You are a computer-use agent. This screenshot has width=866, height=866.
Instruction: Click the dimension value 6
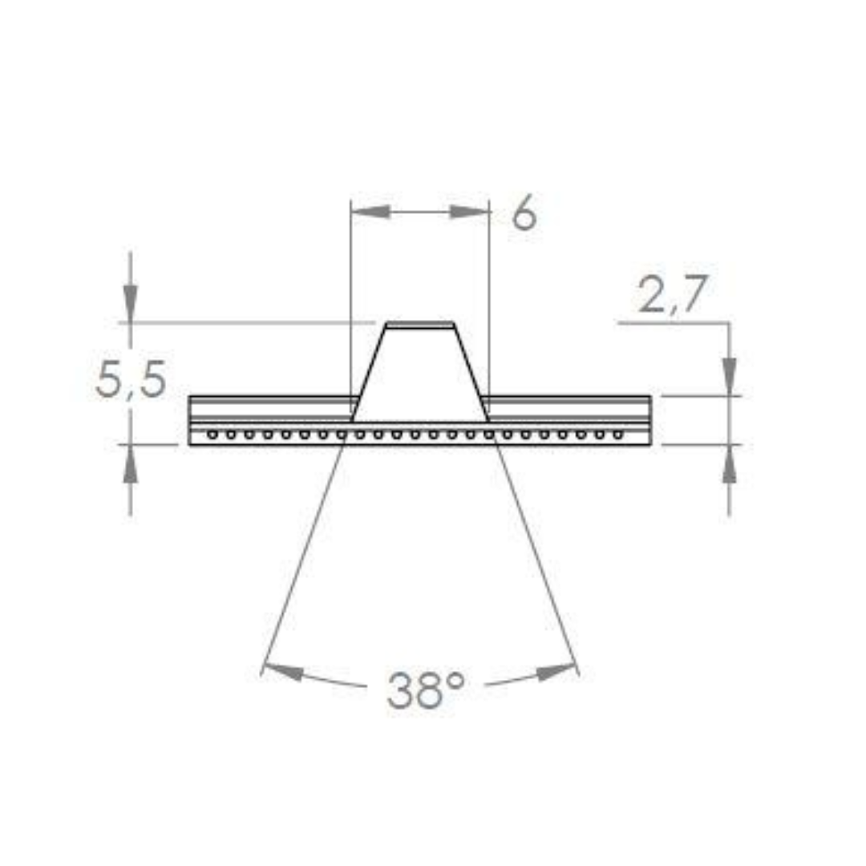pyautogui.click(x=524, y=214)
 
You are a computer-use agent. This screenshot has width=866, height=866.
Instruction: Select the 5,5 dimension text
pyautogui.click(x=131, y=380)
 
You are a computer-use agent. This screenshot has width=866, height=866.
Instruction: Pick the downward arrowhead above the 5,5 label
pyautogui.click(x=131, y=305)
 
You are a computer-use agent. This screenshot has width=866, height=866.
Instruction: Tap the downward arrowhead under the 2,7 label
pyautogui.click(x=729, y=375)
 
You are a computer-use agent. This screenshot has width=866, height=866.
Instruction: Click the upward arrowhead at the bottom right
pyautogui.click(x=729, y=466)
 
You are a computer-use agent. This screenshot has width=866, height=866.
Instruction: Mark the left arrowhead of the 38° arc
pyautogui.click(x=283, y=670)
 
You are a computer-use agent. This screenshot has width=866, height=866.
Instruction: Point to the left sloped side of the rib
pyautogui.click(x=369, y=373)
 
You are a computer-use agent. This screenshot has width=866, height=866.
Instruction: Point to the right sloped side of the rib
pyautogui.click(x=470, y=373)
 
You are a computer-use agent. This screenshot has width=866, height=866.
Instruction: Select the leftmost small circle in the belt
pyautogui.click(x=212, y=435)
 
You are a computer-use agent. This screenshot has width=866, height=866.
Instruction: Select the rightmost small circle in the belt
pyautogui.click(x=618, y=435)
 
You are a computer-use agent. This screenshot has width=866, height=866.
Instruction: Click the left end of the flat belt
pyautogui.click(x=190, y=420)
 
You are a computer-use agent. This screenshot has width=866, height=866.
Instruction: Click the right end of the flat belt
pyautogui.click(x=649, y=420)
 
